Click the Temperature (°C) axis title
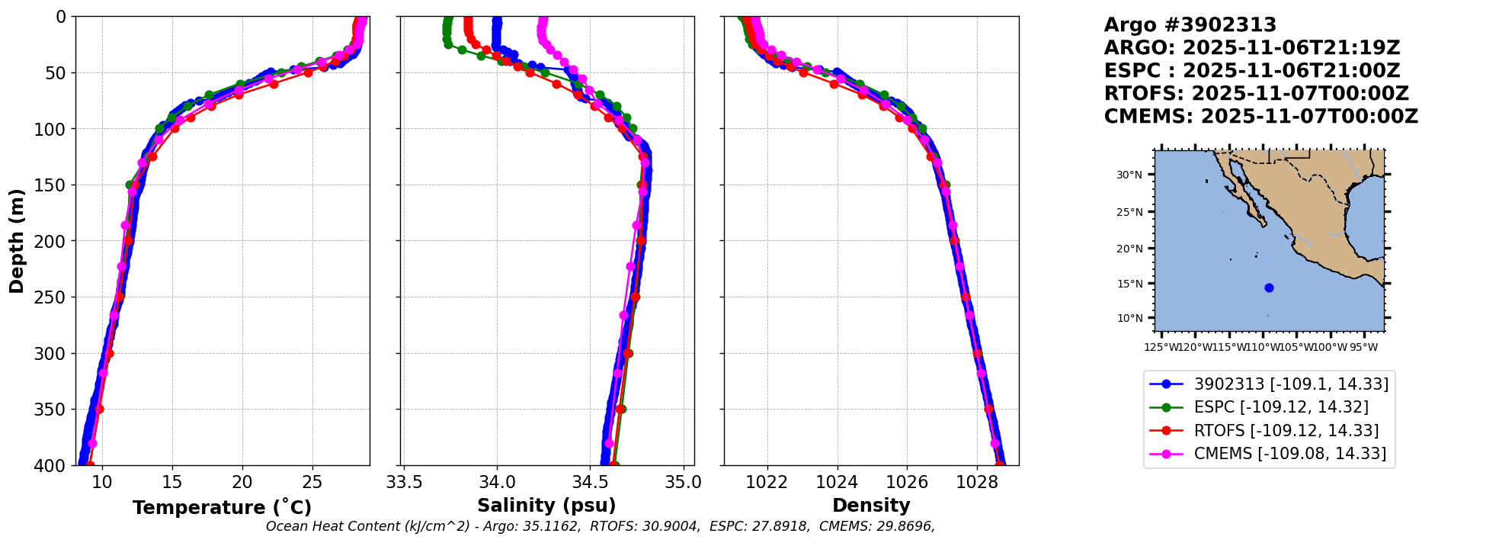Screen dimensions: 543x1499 [222, 508]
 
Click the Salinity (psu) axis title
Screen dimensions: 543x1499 [546, 506]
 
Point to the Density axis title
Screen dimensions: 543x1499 [871, 506]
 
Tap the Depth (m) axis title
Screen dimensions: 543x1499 [17, 240]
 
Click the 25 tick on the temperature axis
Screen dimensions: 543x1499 [312, 482]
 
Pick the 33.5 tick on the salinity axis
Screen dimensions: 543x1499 [404, 482]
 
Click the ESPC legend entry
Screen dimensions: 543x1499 [1280, 407]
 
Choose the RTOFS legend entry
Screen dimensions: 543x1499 [1286, 431]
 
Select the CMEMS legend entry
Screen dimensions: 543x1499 [1289, 454]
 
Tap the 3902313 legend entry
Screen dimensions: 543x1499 [1291, 384]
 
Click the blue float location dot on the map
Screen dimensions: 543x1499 [1269, 288]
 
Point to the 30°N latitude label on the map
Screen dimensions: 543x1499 [1129, 175]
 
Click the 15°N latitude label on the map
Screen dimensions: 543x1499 [1129, 284]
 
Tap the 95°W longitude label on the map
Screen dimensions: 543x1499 [1363, 348]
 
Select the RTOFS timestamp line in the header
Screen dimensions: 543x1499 [1256, 94]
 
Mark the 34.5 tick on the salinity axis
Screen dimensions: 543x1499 [590, 482]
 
